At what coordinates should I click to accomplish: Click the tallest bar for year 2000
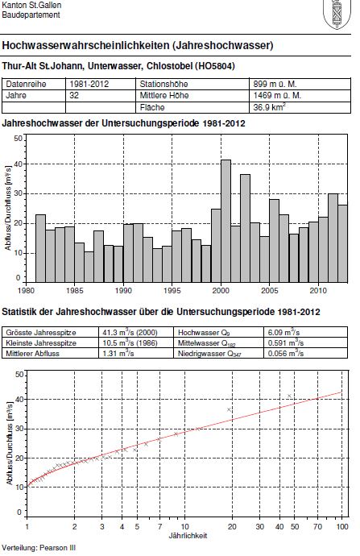point(226,222)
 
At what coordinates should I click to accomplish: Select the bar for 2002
point(245,228)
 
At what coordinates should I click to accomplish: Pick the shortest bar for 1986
point(89,267)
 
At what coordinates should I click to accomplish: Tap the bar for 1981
point(41,248)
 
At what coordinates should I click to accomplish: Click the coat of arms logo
point(337,15)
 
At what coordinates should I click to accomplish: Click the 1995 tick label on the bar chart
point(172,291)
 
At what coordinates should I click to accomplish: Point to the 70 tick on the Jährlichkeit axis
point(317,526)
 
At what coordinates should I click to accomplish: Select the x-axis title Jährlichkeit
point(188,535)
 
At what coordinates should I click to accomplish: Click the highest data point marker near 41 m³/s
point(289,396)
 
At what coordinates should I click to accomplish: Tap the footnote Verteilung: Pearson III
point(39,548)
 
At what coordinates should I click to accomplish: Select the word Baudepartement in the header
point(31,15)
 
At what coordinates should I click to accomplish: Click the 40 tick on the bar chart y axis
point(18,164)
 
